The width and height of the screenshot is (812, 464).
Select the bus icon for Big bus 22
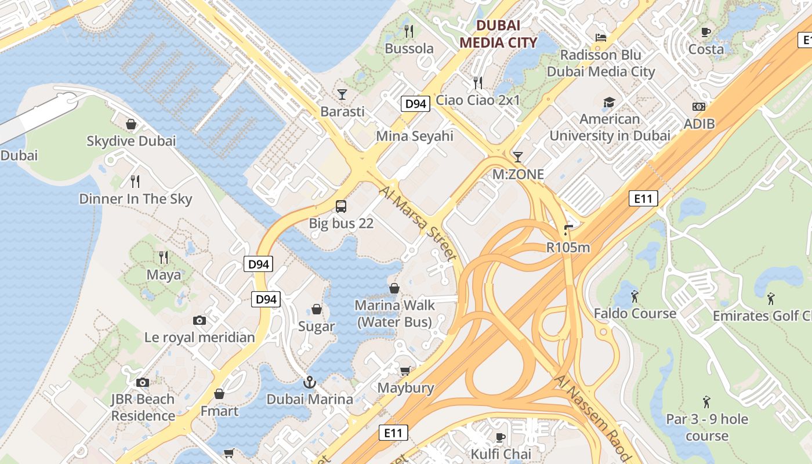(341, 206)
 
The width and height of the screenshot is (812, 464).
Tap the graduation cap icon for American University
(609, 103)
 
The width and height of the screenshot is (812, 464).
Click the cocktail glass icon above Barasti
(342, 94)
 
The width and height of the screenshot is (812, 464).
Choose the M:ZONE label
(518, 175)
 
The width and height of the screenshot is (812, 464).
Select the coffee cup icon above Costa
(706, 32)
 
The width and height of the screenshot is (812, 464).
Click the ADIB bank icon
(699, 107)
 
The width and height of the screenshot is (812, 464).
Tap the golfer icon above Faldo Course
(635, 296)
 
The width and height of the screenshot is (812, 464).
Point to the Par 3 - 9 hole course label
(707, 427)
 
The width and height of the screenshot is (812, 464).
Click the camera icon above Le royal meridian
(199, 320)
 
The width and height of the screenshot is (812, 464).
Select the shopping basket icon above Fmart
(219, 394)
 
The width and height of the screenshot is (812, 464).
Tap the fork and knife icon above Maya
(164, 257)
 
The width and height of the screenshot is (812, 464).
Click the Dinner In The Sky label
(135, 199)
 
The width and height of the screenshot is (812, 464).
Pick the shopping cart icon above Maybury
(405, 371)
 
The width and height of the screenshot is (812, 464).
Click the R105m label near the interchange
(568, 248)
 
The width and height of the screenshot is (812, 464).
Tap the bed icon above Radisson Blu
(601, 38)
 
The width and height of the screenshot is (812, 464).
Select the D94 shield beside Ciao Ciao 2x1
(415, 104)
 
